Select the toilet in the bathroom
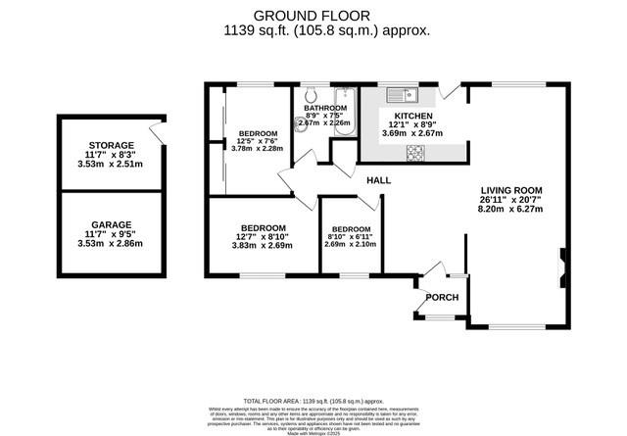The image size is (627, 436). [309, 95]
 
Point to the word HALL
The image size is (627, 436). [379, 181]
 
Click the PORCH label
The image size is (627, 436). [442, 297]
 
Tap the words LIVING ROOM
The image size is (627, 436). [511, 189]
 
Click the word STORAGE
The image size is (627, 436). [111, 145]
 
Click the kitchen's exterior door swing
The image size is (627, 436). [449, 91]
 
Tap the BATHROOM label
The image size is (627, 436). [325, 108]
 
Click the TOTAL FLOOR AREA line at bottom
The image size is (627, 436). [313, 401]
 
